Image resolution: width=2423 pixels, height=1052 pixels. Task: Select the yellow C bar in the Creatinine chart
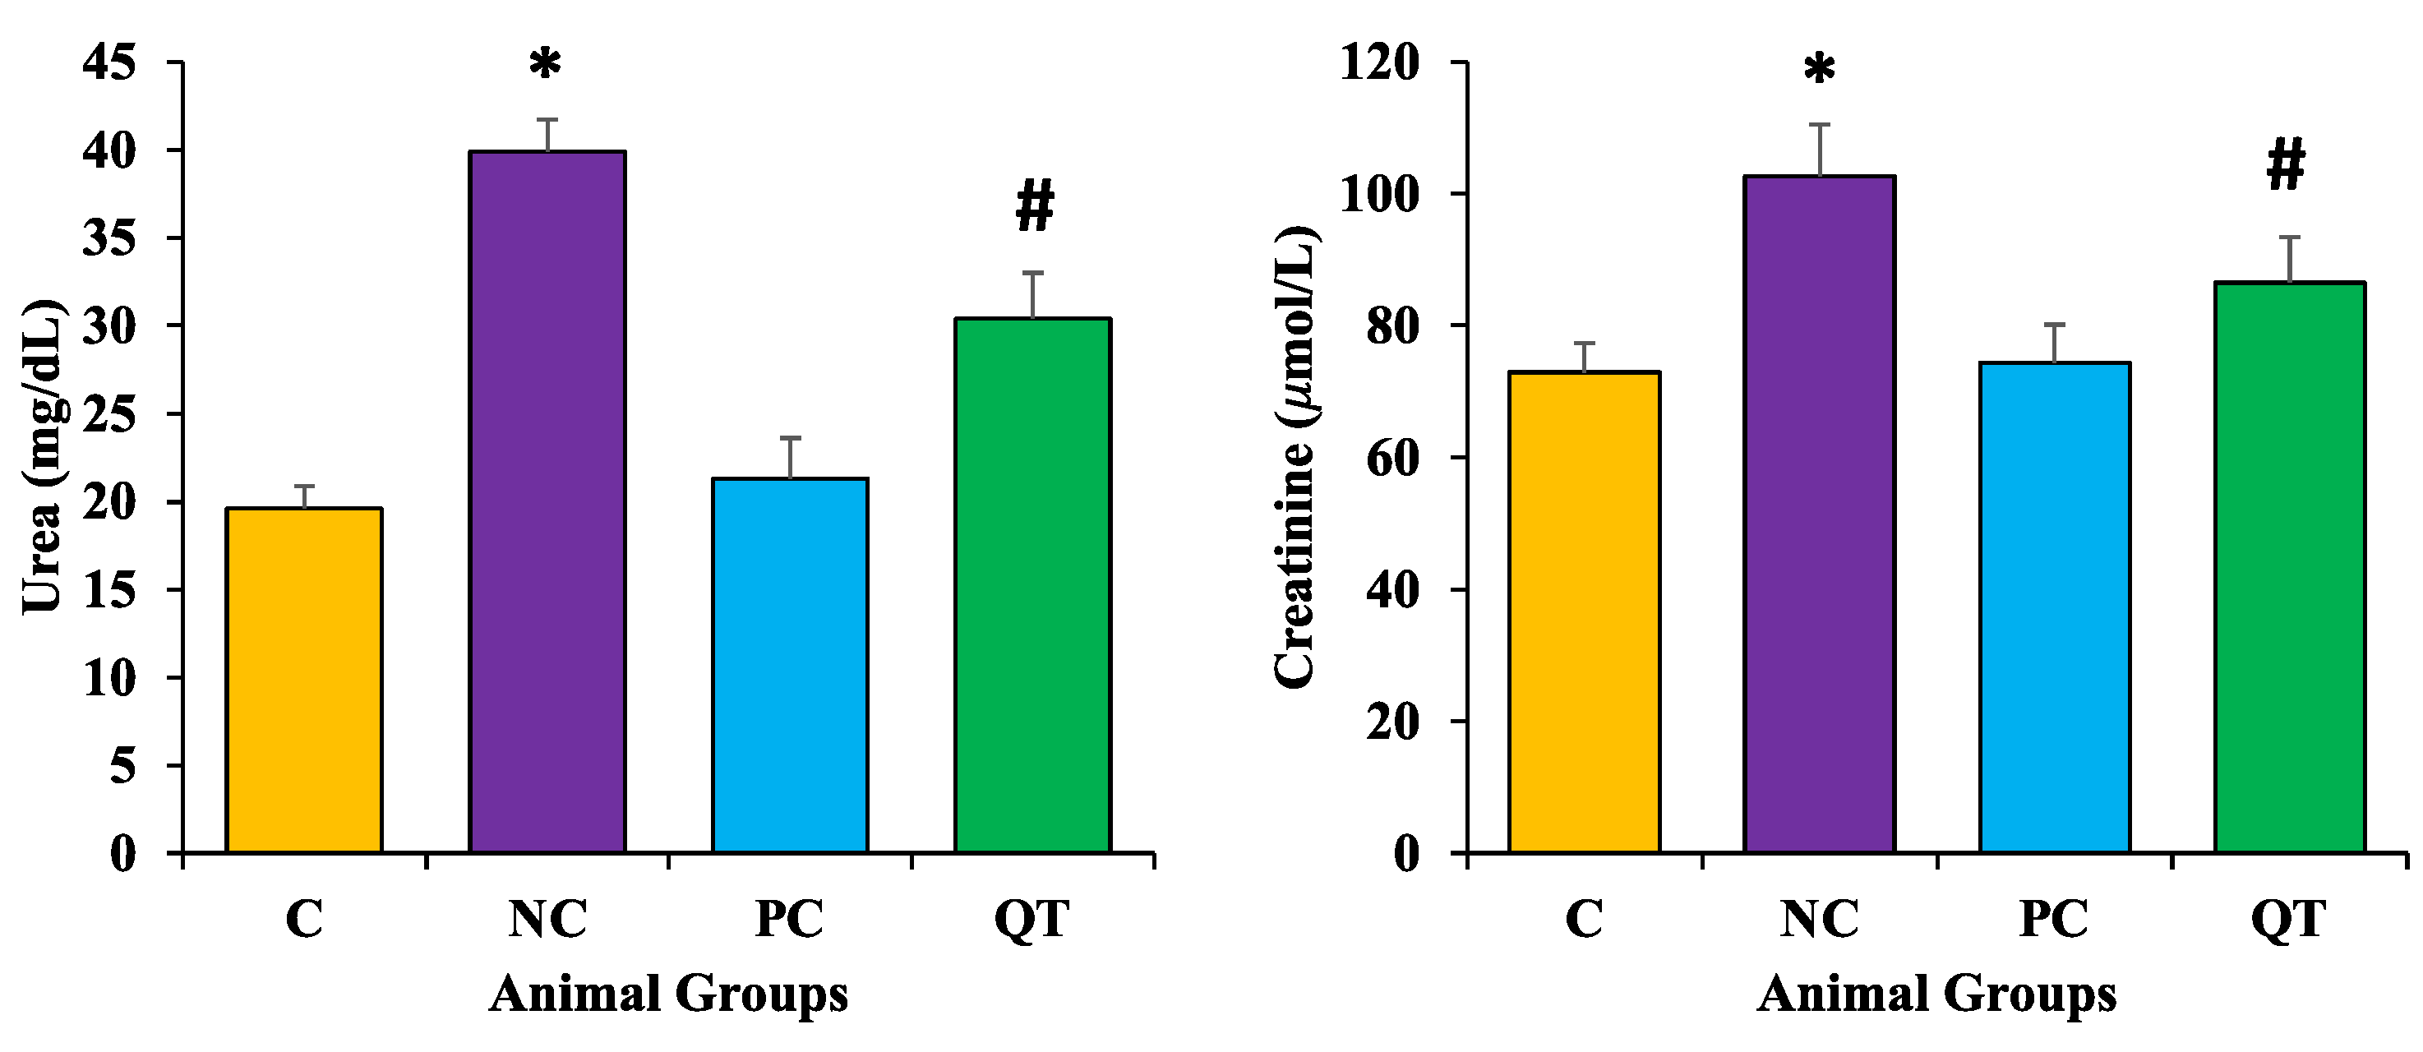pos(1584,612)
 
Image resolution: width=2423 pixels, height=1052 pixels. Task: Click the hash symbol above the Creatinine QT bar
pos(2287,166)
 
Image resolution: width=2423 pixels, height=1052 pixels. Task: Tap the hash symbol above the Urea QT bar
pos(1035,208)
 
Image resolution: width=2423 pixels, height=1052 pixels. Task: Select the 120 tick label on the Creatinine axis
pos(1379,63)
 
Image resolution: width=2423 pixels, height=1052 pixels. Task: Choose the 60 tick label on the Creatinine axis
pos(1392,459)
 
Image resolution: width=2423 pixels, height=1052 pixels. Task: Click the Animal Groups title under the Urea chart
pos(668,994)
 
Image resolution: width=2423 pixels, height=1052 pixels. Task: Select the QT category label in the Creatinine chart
pos(2287,920)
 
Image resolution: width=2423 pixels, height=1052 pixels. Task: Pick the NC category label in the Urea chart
pos(547,920)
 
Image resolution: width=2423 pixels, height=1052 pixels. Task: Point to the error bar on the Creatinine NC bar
pos(1820,149)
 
